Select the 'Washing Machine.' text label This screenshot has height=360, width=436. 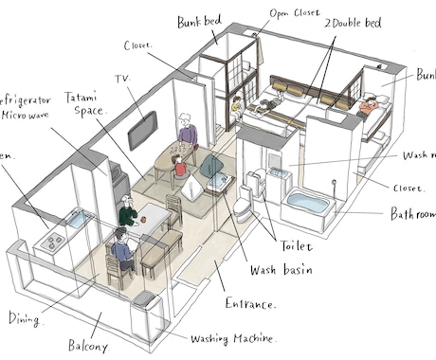233,338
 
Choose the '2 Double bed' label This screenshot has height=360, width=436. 353,21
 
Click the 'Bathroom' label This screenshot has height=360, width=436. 412,215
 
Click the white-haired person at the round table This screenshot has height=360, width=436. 186,130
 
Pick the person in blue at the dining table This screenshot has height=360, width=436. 120,250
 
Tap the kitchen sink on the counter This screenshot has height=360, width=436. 74,222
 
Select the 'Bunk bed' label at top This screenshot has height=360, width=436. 200,20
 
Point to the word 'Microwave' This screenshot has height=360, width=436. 26,115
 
